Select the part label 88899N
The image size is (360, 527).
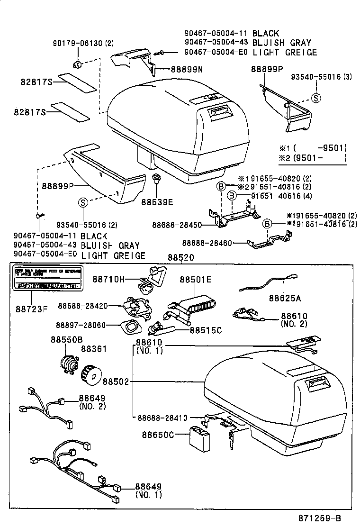pyautogui.click(x=186, y=69)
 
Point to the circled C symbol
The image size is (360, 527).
pyautogui.click(x=78, y=64)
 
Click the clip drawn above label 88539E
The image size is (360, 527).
pyautogui.click(x=156, y=181)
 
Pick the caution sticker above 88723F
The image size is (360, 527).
pyautogui.click(x=46, y=280)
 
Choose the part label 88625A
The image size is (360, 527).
pyautogui.click(x=285, y=298)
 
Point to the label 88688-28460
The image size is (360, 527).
pyautogui.click(x=207, y=243)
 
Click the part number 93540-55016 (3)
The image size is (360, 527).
pyautogui.click(x=321, y=77)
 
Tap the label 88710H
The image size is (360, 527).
pyautogui.click(x=108, y=280)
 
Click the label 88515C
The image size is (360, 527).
pyautogui.click(x=206, y=330)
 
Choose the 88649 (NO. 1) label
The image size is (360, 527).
pyautogui.click(x=148, y=491)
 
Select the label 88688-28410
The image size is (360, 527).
pyautogui.click(x=162, y=418)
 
